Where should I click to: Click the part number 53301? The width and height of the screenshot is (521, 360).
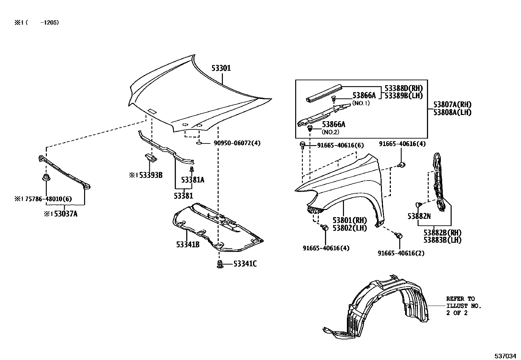pos(221,68)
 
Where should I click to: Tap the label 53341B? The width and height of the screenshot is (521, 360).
pos(188,245)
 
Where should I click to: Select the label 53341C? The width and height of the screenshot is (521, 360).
pos(245,264)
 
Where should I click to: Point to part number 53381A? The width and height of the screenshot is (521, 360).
pos(192,180)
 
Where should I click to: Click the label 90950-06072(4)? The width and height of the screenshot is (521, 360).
pos(237,143)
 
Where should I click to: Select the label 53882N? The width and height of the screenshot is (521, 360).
pos(419,216)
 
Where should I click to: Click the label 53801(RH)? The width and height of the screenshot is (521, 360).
pos(350,220)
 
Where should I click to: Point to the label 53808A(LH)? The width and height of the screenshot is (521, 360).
pos(452,112)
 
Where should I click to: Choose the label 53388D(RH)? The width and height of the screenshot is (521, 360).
pos(404,88)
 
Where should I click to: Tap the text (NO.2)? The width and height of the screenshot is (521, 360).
pos(330,132)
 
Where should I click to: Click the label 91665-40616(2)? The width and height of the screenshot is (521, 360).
pos(401,253)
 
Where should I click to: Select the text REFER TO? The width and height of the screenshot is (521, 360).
pos(460,299)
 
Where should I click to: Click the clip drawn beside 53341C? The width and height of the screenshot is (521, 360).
pos(220,264)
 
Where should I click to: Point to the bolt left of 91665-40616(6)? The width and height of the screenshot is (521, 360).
pos(303,145)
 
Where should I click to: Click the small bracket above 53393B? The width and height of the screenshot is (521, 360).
pos(151,158)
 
